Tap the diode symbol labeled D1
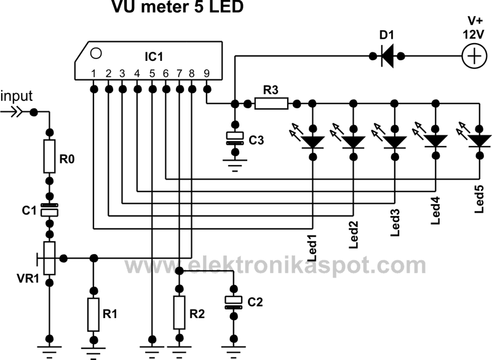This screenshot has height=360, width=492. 387,57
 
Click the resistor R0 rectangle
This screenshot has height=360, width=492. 50,156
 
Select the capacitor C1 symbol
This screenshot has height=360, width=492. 50,210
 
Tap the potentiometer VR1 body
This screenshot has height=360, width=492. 50,257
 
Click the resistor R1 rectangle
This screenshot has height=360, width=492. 93,313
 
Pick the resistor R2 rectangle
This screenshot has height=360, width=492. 178,313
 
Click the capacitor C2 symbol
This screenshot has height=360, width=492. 232,301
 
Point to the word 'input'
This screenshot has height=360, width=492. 17,97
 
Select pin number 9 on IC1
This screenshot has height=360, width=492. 207,73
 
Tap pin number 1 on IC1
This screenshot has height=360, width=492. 93,73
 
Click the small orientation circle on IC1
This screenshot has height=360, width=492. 95,52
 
